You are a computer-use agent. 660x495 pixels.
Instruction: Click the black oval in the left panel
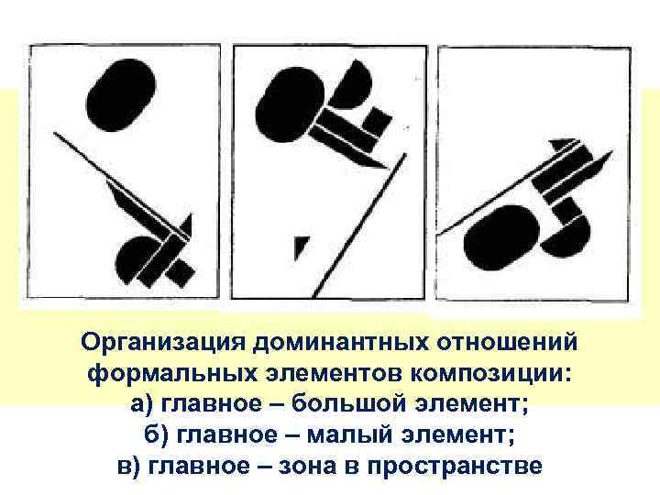121,95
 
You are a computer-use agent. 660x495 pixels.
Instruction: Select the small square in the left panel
181,272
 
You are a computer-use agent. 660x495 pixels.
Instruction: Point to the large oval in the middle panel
291,106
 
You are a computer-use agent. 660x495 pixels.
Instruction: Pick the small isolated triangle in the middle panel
301,247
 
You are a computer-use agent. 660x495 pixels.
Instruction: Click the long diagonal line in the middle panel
360,225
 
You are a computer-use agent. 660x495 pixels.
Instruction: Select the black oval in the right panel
501,237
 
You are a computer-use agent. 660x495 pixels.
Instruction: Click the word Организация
162,342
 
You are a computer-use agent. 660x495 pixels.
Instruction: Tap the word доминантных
341,342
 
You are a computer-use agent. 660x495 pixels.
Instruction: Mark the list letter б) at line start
156,434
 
